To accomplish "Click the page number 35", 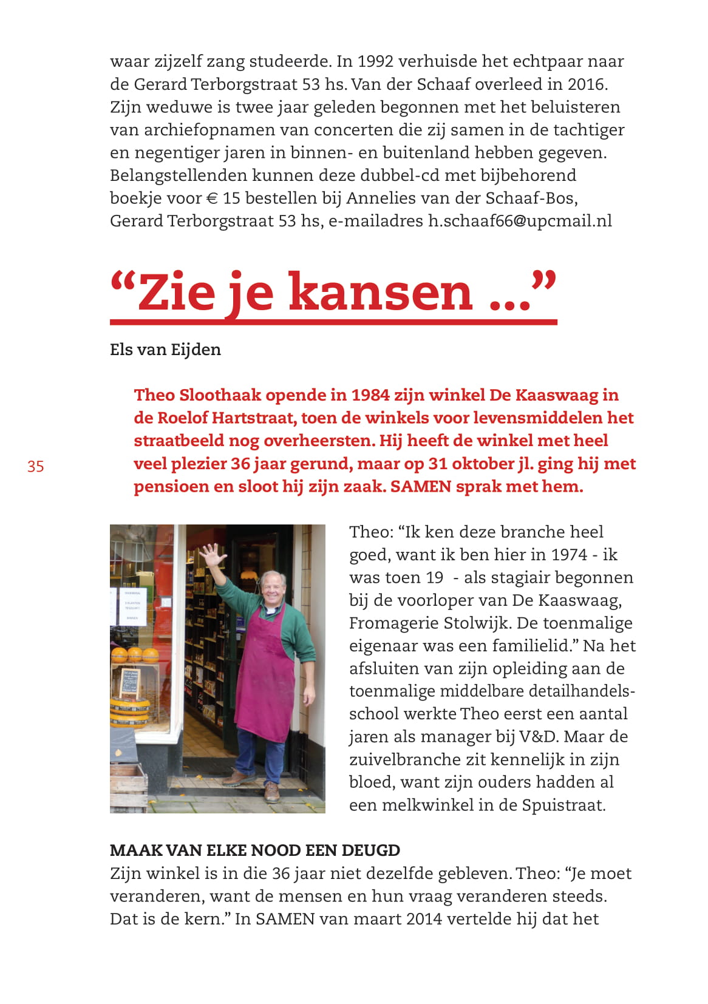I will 36,466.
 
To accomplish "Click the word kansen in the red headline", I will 380,293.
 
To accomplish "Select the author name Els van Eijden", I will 165,350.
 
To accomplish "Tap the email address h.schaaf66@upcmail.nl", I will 520,221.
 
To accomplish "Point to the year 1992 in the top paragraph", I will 375,61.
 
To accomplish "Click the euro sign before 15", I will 211,198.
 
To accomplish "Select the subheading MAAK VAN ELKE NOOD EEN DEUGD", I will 255,850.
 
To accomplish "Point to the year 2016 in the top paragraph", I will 587,84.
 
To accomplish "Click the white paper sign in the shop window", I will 132,605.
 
